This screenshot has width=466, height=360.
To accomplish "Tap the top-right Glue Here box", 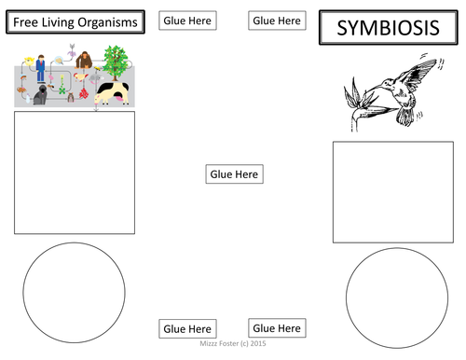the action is tap(277, 20).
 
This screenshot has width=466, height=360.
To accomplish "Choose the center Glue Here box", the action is tap(233, 173).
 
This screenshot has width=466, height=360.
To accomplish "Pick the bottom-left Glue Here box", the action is tap(187, 328).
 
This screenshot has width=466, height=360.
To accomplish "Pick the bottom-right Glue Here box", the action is tap(277, 327).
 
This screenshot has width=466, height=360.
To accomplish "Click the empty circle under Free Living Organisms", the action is tap(74, 285).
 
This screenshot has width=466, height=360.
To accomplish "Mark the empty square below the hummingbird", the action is tap(380, 192).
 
